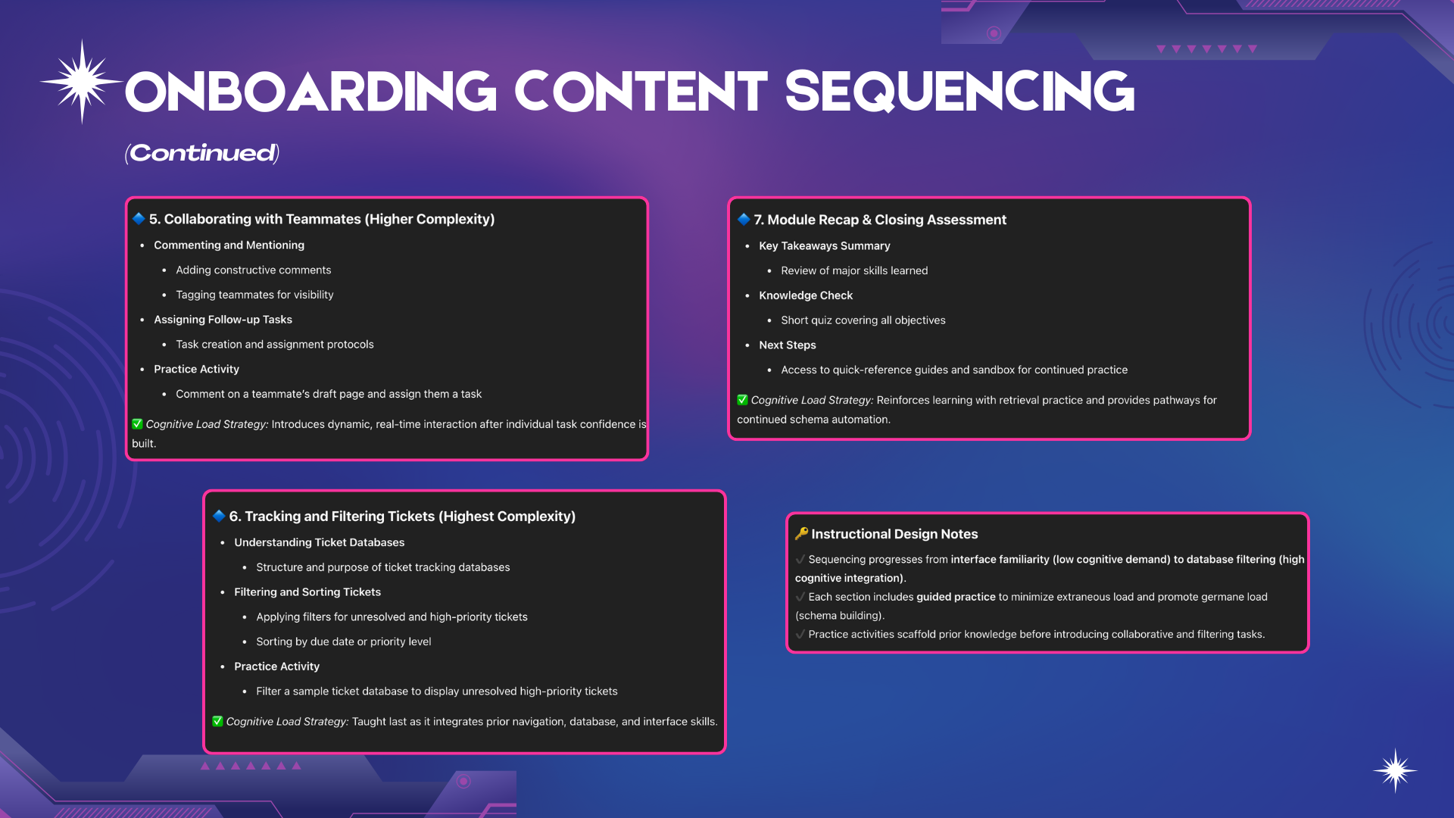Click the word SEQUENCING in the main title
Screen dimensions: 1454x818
click(x=959, y=92)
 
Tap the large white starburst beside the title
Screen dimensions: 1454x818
click(x=82, y=81)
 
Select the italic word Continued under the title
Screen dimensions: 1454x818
click(x=203, y=153)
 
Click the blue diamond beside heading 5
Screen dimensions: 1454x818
click(x=139, y=218)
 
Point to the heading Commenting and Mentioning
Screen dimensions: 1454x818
click(x=229, y=245)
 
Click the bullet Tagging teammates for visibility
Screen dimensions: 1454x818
click(x=254, y=295)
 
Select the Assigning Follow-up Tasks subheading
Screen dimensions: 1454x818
click(x=223, y=320)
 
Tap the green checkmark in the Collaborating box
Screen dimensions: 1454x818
click(x=137, y=424)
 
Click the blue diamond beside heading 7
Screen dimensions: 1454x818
click(x=744, y=219)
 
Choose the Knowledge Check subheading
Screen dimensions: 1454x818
click(x=806, y=295)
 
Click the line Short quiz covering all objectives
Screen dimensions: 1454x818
click(x=863, y=320)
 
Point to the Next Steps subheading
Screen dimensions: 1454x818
click(x=788, y=345)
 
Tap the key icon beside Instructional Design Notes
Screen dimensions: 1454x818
click(x=801, y=533)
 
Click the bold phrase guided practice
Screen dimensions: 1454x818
click(x=956, y=597)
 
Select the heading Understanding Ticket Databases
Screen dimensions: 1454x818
click(x=319, y=542)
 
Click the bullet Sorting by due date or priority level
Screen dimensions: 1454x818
click(x=343, y=642)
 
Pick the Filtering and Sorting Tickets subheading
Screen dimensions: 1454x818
click(x=307, y=592)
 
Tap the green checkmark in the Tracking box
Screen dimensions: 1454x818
click(x=217, y=721)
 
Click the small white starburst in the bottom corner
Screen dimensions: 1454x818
click(x=1395, y=771)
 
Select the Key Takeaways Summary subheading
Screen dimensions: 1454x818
click(x=824, y=246)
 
